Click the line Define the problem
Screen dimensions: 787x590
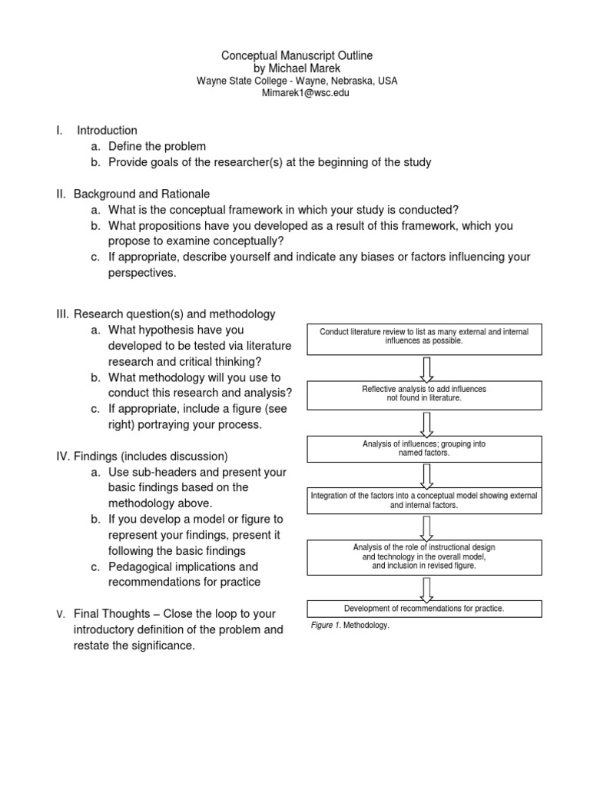(x=157, y=146)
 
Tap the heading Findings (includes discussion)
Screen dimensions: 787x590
(x=151, y=456)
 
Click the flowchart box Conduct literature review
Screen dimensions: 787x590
(x=423, y=339)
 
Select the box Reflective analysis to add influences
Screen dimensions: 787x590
(x=423, y=395)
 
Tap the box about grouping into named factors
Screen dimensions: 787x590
(x=423, y=449)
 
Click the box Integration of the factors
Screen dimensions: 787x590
(x=423, y=501)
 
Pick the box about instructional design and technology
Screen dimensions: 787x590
(x=423, y=556)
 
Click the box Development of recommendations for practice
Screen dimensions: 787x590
(x=423, y=609)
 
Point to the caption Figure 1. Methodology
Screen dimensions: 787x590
(x=350, y=626)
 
